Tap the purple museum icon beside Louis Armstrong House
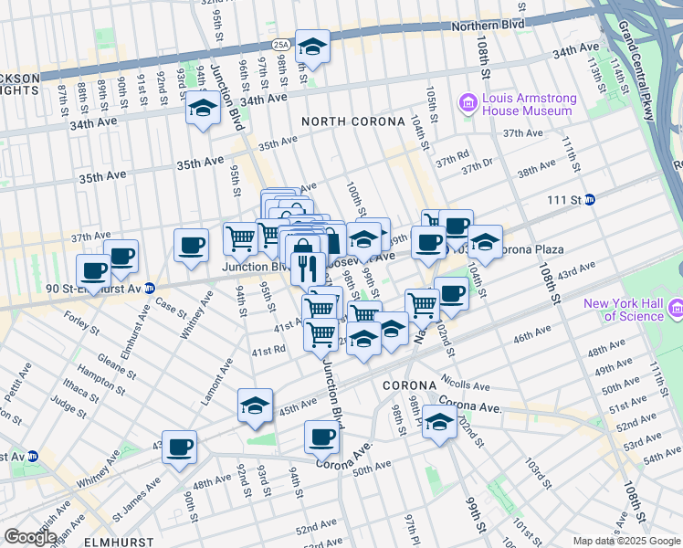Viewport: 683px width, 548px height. point(469,102)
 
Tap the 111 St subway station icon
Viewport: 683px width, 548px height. point(590,199)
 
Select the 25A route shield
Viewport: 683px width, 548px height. point(280,43)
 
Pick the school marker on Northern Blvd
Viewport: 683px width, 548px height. point(312,47)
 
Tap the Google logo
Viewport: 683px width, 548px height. point(30,537)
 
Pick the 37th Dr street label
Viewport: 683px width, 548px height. point(477,167)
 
